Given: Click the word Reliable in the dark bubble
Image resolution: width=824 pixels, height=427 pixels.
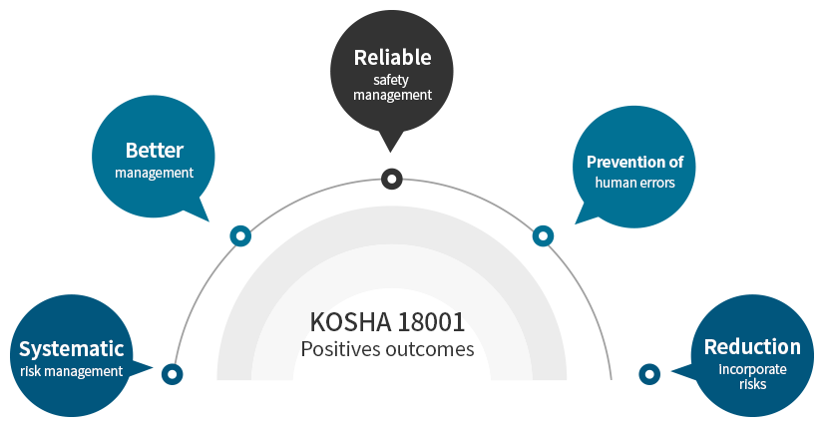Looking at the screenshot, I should [392, 57].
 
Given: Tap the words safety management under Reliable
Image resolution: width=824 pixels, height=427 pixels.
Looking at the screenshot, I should [392, 88].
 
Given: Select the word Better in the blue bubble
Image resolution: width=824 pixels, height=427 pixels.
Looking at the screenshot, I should [154, 151].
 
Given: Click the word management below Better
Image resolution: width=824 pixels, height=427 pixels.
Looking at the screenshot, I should [154, 173].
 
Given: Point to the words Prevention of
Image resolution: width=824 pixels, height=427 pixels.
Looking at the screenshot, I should [634, 162].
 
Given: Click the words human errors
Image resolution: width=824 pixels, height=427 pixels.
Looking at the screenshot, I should [634, 183].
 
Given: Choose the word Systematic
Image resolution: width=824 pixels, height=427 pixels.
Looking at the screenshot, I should [71, 349].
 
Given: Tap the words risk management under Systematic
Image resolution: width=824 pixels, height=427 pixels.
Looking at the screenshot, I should [71, 371].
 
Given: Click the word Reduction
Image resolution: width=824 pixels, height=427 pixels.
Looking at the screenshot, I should [752, 347].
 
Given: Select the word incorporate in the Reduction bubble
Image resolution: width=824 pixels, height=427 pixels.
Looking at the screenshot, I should [753, 368].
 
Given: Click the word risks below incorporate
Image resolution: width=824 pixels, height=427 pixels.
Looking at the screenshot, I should [753, 383].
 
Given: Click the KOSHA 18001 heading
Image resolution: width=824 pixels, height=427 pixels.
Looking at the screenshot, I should [387, 322].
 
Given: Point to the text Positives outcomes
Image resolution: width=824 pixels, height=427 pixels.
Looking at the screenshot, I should [387, 349].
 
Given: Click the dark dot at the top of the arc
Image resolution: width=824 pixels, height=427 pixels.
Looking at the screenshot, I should [392, 179].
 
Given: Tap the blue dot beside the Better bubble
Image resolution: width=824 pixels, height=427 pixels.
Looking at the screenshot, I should [240, 236].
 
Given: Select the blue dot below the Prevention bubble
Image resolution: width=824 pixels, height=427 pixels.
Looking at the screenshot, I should [543, 236].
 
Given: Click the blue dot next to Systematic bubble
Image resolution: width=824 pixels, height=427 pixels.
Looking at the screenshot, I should [173, 375].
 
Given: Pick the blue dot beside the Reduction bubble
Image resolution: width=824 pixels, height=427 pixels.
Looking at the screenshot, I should [649, 375].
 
